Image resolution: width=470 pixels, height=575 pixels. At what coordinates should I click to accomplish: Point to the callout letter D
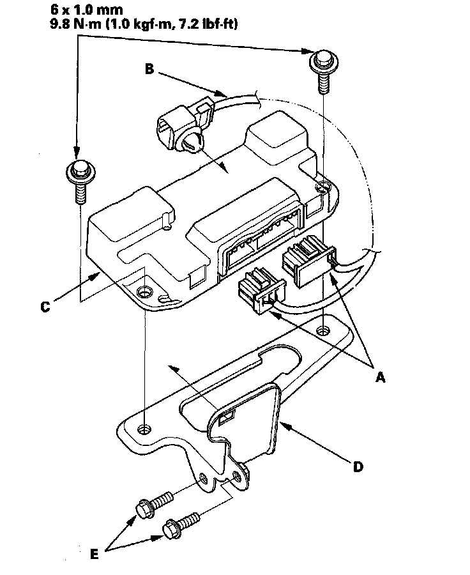358,467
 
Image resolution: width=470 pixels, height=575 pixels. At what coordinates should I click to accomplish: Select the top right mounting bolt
321,68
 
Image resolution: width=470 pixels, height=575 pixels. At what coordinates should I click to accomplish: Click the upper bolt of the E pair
153,503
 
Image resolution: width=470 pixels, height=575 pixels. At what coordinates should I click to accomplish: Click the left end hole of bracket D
146,426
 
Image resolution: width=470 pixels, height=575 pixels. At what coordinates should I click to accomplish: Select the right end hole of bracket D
326,330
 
